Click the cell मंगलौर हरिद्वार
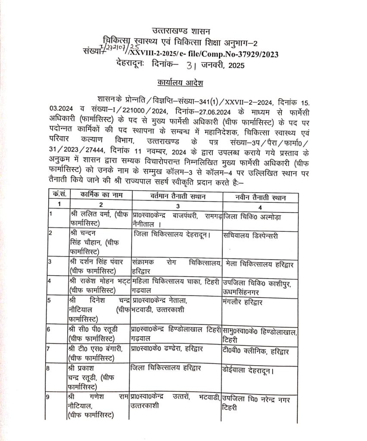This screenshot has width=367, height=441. click(x=243, y=300)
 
